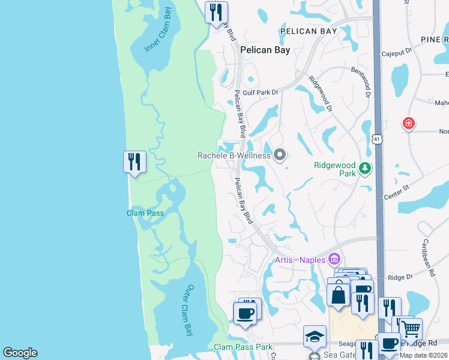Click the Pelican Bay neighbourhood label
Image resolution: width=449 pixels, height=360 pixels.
[265, 50]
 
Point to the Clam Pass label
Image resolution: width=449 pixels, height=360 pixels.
[145, 213]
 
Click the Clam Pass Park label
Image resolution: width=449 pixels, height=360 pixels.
[243, 347]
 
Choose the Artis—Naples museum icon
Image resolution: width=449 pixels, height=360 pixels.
[335, 260]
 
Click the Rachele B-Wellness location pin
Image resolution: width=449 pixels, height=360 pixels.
[279, 155]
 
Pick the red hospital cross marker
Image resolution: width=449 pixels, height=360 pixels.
[409, 124]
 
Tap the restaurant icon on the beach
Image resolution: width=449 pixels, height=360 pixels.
[134, 161]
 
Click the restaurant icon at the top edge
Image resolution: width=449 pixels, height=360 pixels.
[215, 12]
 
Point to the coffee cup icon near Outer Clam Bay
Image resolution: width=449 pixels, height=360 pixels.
[244, 313]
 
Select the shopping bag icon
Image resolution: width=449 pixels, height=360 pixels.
[339, 294]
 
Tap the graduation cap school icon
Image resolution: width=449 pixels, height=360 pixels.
[315, 337]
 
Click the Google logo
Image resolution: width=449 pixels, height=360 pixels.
[20, 353]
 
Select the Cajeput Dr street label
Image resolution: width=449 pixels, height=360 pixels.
[397, 53]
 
